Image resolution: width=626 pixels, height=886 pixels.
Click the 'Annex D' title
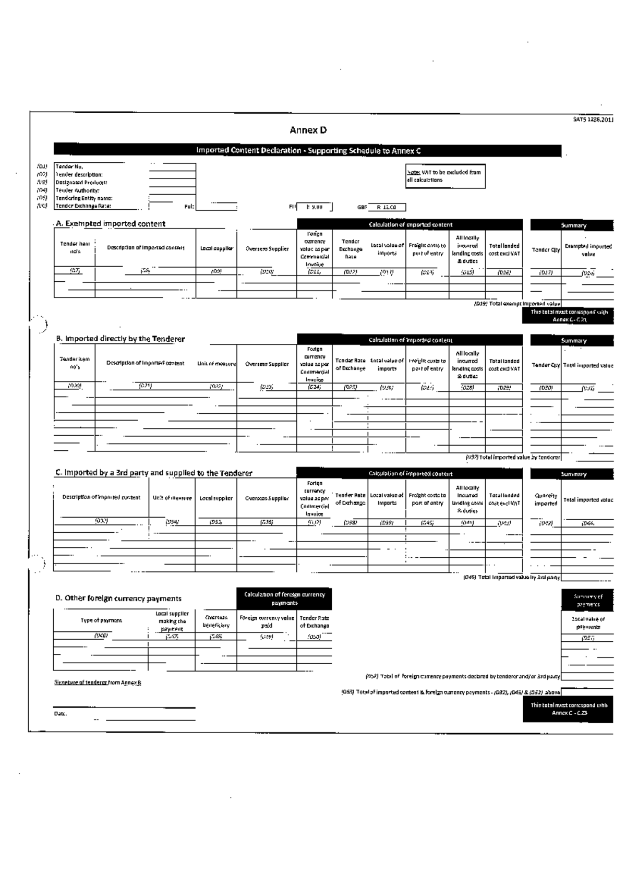[308, 130]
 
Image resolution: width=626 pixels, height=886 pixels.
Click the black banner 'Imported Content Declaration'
[308, 151]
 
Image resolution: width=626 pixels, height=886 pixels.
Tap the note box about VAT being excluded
[445, 176]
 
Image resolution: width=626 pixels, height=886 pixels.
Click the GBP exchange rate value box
[387, 207]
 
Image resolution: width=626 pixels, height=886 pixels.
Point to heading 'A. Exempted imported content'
[111, 224]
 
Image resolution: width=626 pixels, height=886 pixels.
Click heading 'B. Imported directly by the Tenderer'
[121, 339]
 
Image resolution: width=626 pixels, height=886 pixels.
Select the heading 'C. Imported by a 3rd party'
[154, 473]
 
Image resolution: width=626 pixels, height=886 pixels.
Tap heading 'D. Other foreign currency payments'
[118, 598]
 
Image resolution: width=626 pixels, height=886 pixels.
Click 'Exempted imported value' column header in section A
[588, 250]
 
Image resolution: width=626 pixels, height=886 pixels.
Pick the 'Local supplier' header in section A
[216, 249]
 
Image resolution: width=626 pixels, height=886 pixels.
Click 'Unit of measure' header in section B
[216, 364]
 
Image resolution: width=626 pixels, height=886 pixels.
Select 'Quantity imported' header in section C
[546, 500]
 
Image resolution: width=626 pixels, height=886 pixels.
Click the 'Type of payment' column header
[101, 620]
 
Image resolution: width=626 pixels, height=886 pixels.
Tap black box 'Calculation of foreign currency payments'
[284, 598]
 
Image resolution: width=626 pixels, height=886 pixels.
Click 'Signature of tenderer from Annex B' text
[98, 683]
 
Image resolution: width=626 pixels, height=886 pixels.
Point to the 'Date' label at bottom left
[60, 713]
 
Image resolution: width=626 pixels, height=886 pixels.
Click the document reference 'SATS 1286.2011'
[593, 119]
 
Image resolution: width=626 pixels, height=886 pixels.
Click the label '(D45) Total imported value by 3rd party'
[511, 577]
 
